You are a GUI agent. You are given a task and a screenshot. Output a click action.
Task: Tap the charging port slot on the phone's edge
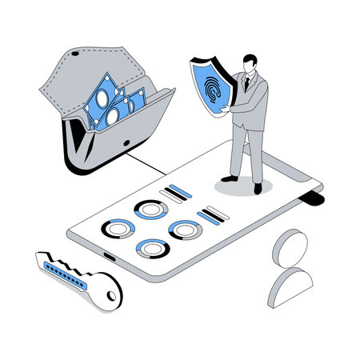(107, 255)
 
